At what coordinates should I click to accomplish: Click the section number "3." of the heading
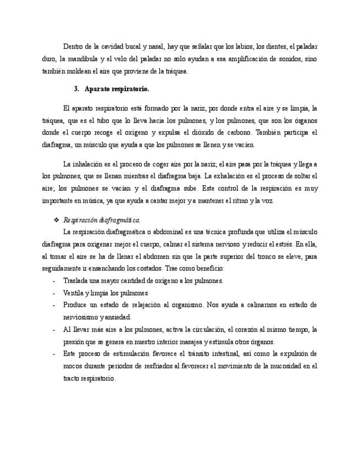[x=76, y=89]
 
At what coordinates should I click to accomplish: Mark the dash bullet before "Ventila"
[x=53, y=293]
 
